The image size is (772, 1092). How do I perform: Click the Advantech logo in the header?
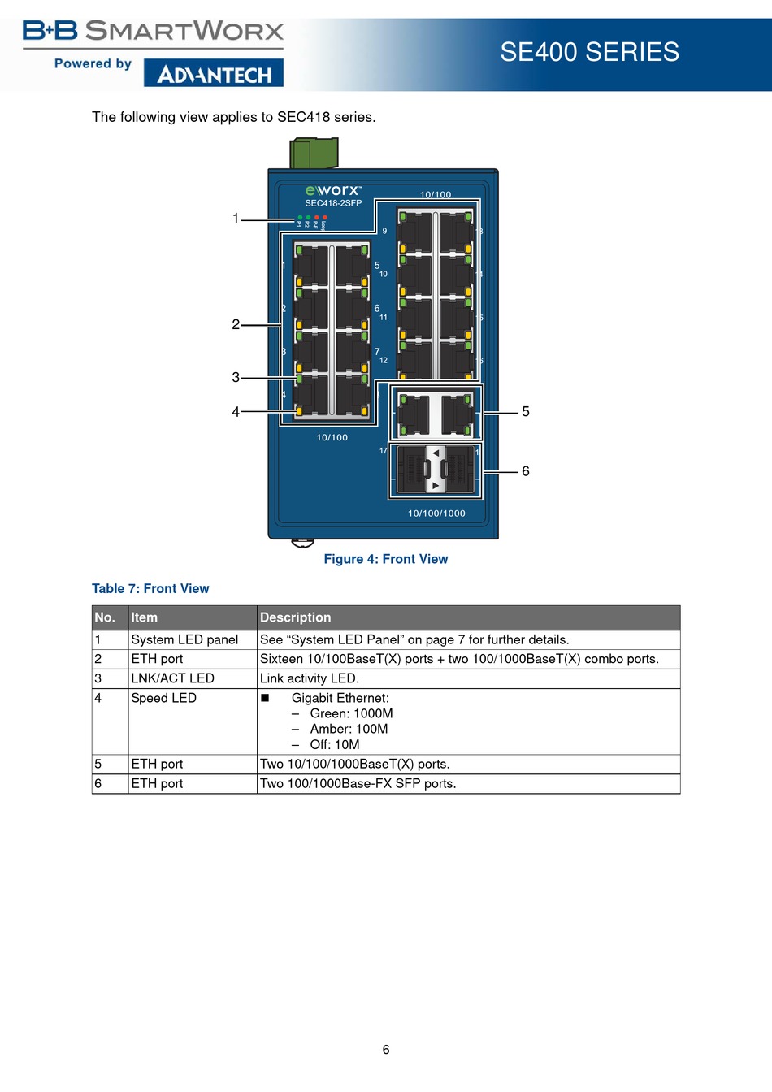coord(214,74)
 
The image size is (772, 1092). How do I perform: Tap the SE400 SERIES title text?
coord(589,52)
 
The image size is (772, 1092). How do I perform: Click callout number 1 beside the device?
coord(236,219)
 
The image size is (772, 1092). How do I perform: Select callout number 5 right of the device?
coord(526,412)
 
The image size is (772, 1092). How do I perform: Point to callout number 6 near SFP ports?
coord(526,471)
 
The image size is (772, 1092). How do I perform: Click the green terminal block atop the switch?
coord(314,153)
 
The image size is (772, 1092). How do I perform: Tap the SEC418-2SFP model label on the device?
coord(333,203)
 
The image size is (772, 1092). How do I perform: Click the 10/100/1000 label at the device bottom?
coord(436,513)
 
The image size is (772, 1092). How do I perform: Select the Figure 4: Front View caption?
coord(386,559)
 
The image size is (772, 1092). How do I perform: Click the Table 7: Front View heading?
coord(150,589)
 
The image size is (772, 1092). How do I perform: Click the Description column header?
coord(296,617)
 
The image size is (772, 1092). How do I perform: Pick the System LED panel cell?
coord(184,640)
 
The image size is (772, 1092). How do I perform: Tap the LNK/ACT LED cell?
coord(172,678)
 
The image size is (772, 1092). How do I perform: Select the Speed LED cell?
coord(163,698)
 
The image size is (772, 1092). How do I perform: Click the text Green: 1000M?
coord(351,713)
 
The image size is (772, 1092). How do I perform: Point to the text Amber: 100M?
coord(349,729)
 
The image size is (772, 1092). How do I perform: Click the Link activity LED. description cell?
coord(310,678)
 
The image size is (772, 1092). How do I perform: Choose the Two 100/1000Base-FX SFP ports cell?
coord(358,784)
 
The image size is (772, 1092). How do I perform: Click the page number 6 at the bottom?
coord(386,1050)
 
